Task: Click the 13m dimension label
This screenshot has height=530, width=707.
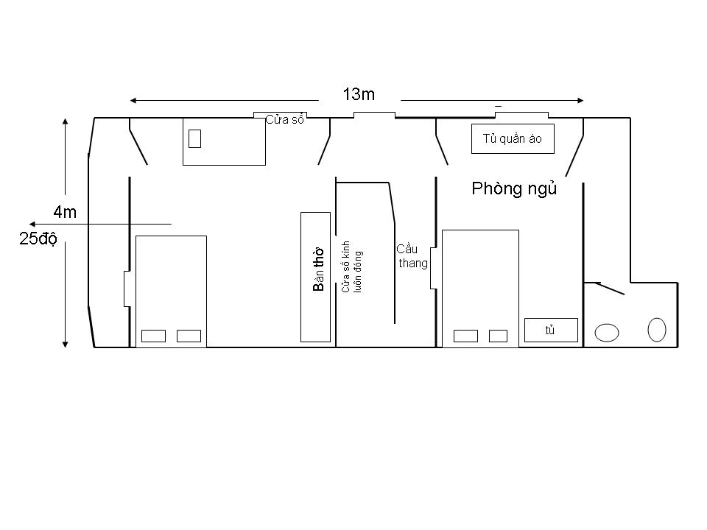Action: [x=359, y=94]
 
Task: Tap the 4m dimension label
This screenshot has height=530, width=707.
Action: [x=65, y=212]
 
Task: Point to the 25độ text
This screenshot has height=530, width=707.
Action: [x=38, y=239]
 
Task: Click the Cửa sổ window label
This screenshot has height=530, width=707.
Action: [x=284, y=120]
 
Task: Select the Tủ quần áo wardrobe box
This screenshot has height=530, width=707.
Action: [x=513, y=139]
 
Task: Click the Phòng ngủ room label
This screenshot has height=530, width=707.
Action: [x=514, y=188]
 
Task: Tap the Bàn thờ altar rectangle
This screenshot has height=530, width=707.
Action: [x=316, y=278]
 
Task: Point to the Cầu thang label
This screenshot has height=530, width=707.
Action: [x=412, y=256]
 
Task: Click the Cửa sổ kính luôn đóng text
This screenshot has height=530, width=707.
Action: [x=351, y=266]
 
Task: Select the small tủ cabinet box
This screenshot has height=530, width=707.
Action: [x=551, y=331]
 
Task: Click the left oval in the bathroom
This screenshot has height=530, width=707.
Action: [x=606, y=333]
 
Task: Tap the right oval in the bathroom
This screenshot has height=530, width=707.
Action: [x=656, y=330]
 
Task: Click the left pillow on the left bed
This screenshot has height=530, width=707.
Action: [x=153, y=336]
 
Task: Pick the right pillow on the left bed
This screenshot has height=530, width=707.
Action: [x=189, y=336]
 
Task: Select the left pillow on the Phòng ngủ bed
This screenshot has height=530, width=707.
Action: [x=465, y=336]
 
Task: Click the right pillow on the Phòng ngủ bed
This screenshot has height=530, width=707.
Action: [x=499, y=336]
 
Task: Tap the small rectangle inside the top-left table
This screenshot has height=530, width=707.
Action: [x=194, y=138]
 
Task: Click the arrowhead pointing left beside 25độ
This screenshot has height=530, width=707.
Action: [x=32, y=224]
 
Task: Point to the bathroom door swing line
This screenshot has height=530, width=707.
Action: [x=604, y=288]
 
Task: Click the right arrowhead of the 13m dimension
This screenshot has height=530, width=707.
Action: [x=580, y=101]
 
